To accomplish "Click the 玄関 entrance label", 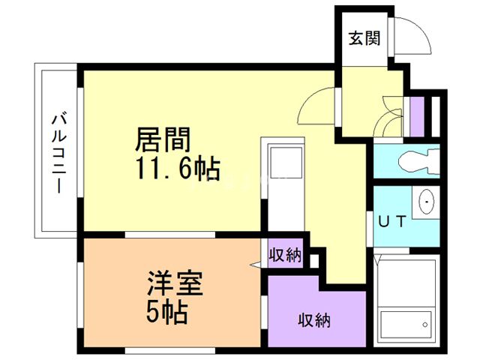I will click(x=364, y=38).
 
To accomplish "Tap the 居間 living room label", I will click(x=163, y=140).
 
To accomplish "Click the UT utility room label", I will click(x=392, y=222).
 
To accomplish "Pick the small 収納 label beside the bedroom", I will click(x=286, y=256).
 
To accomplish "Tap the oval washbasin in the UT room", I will click(x=427, y=201).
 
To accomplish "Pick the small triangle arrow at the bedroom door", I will click(x=255, y=264).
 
